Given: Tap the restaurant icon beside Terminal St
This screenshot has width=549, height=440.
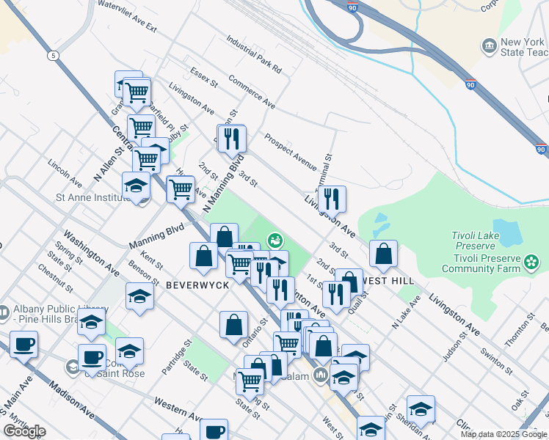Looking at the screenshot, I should [x=332, y=197].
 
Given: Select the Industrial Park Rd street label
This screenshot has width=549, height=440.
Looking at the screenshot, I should [x=254, y=56].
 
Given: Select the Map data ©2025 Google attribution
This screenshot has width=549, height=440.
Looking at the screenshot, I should [x=503, y=434].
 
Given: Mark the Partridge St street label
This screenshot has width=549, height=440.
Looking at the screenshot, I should [x=177, y=356].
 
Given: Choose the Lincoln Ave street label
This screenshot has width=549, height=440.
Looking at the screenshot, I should [x=65, y=172].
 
